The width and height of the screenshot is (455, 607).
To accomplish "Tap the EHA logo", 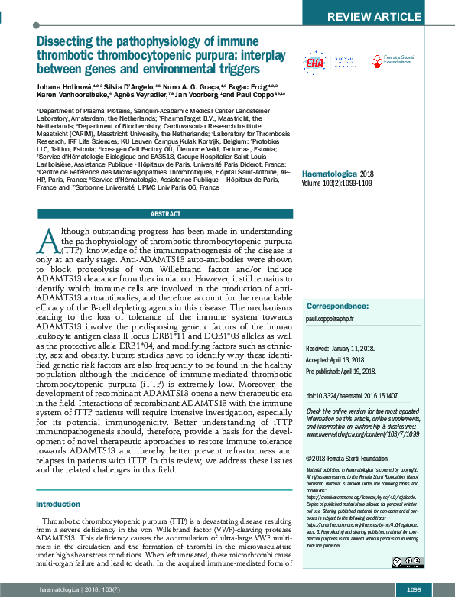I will (314, 63).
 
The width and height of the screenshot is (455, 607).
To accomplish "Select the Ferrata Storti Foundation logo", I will (395, 60).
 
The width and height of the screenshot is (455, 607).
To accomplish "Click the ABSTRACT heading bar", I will (165, 214).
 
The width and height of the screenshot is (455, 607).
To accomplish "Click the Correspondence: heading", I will (337, 306).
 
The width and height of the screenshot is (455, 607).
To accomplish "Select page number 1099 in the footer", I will (414, 589).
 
